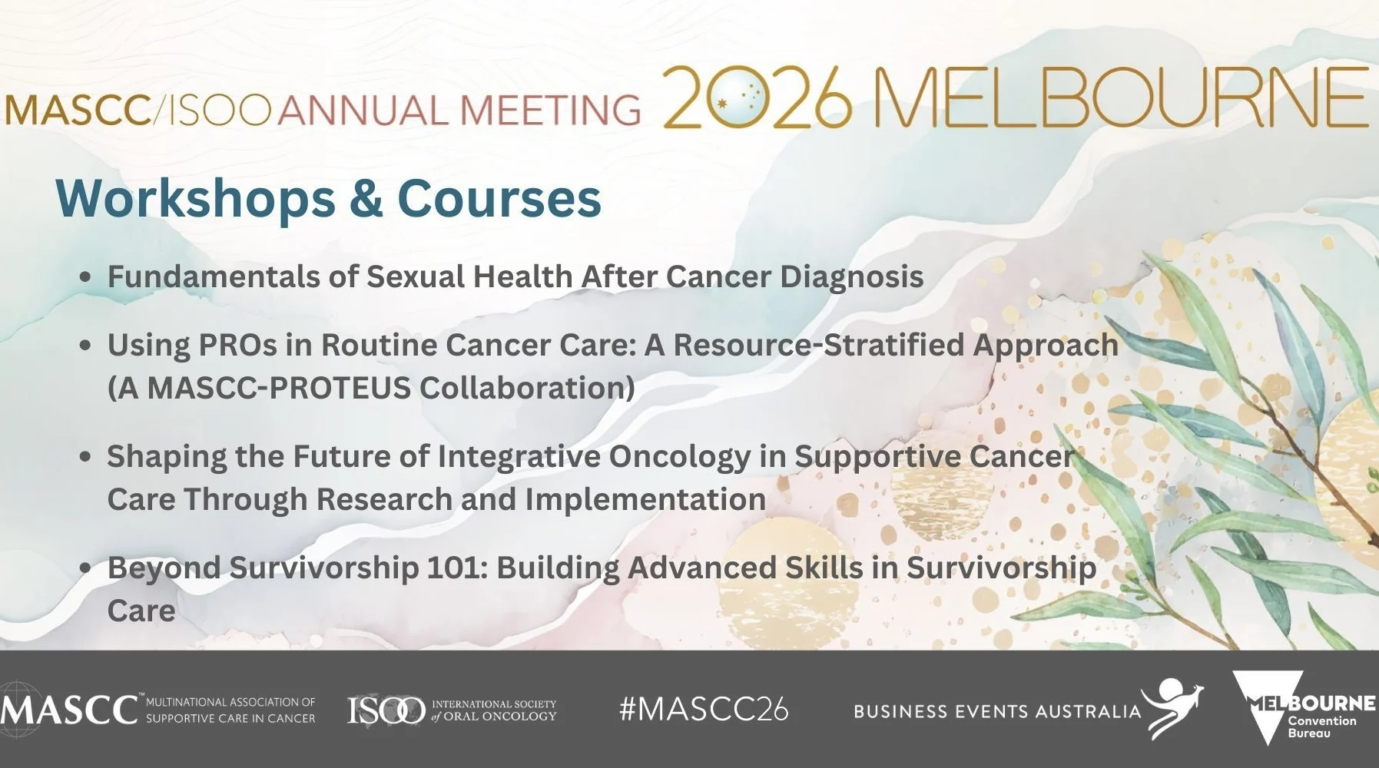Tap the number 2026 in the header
(x=757, y=98)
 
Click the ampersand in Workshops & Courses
(x=366, y=199)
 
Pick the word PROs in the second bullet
(x=237, y=346)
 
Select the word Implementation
(x=645, y=500)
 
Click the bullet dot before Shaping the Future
(x=86, y=457)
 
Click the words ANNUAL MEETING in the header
(x=459, y=110)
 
